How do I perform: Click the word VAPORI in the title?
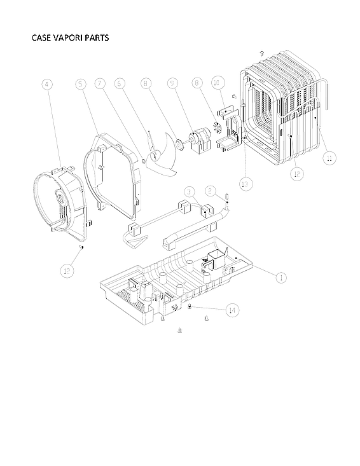(x=70, y=38)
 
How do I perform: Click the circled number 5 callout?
(x=80, y=84)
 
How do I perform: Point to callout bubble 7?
(x=99, y=84)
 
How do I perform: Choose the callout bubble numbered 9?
(x=172, y=84)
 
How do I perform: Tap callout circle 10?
(x=217, y=84)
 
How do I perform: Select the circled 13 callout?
(x=246, y=184)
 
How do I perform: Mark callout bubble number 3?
(x=189, y=191)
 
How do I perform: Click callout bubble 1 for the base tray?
(x=280, y=276)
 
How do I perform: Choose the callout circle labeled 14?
(x=233, y=310)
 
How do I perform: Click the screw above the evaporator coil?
(x=261, y=53)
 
